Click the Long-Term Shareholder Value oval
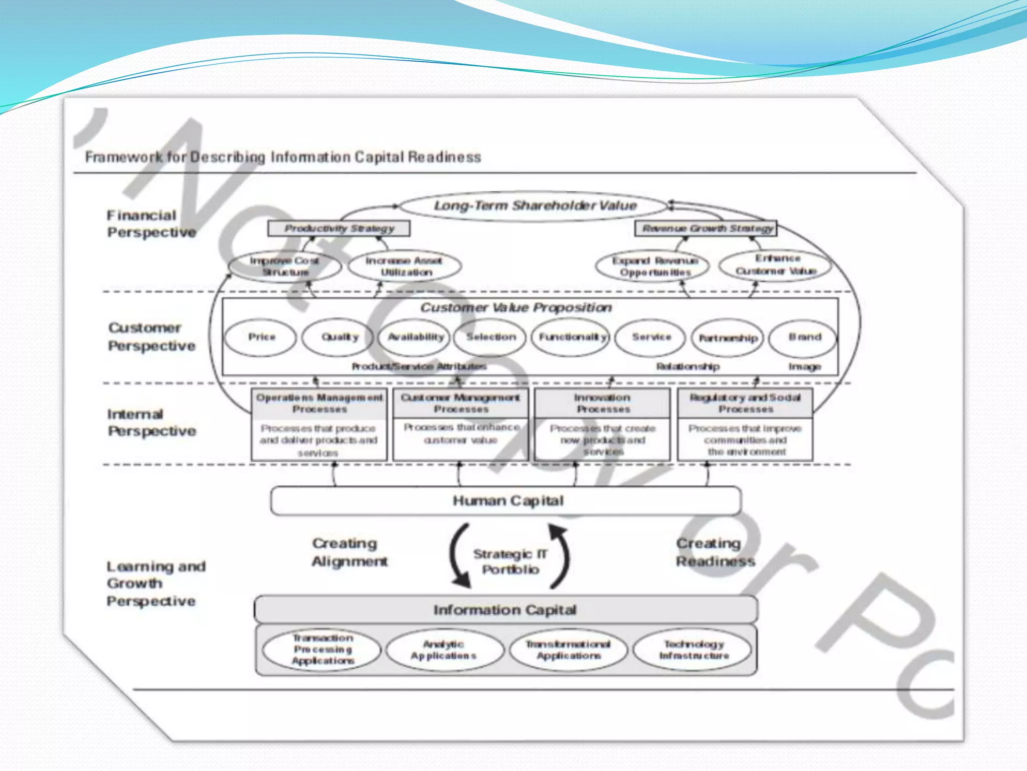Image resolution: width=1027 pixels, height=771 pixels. point(535,206)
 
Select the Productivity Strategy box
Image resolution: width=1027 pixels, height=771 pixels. point(339,228)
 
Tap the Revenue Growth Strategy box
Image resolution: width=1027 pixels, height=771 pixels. point(707,228)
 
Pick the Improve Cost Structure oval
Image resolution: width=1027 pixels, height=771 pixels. point(285,267)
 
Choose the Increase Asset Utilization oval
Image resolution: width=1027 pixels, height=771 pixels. point(405,267)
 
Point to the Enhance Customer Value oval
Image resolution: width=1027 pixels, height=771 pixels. point(775,265)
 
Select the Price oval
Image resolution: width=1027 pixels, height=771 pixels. point(261,337)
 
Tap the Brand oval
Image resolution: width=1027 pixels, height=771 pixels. point(803,337)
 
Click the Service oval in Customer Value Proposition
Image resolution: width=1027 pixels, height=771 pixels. point(650,337)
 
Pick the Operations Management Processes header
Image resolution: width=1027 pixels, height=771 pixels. point(319,404)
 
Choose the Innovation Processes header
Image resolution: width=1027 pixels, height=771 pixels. point(602,404)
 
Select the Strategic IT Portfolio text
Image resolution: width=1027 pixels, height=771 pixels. point(510,561)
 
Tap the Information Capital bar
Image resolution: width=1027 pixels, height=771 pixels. point(505,610)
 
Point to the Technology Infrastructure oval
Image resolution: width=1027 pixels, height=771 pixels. point(693,650)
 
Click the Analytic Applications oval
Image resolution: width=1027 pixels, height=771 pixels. point(444,650)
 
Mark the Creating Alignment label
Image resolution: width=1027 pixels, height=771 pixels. point(349,552)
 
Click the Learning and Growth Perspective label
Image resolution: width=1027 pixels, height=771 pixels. point(155,583)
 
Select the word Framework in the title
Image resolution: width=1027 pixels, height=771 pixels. point(123,157)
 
